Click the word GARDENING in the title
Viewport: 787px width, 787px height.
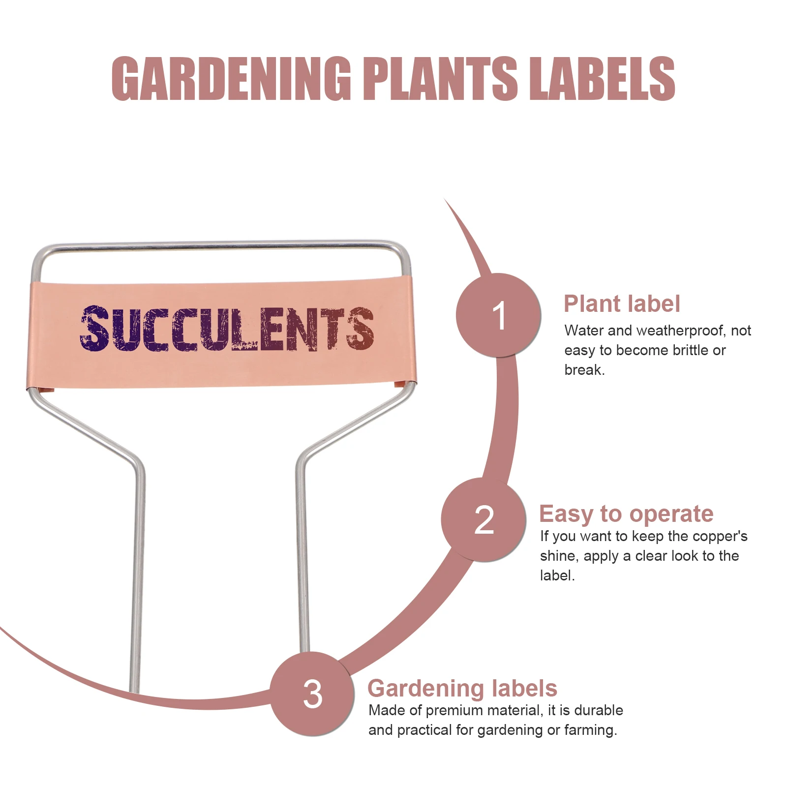tap(231, 79)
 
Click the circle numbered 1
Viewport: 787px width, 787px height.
tap(498, 315)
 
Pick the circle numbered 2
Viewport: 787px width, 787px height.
tap(484, 520)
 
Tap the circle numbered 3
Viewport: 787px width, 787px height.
tap(312, 694)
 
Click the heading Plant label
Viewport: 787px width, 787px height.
tap(622, 304)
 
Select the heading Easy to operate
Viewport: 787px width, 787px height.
tap(626, 514)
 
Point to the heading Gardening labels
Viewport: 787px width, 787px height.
tap(462, 688)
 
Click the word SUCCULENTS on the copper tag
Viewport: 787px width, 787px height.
tap(226, 329)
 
